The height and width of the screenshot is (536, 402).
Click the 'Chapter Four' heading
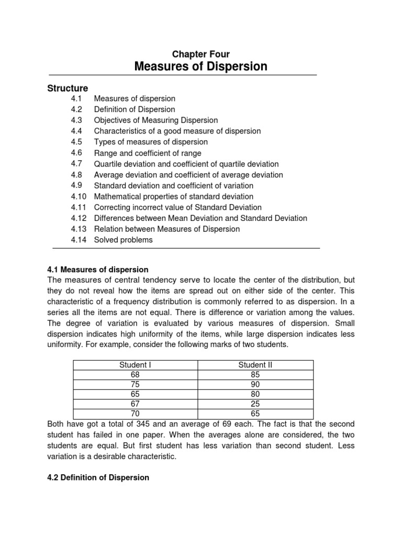201,54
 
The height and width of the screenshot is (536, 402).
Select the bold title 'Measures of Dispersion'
201,66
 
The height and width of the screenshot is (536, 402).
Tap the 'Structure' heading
68,88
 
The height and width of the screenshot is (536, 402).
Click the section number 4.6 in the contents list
76,153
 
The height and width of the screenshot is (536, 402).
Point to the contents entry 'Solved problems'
123,240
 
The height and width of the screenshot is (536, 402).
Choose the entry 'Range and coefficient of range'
147,153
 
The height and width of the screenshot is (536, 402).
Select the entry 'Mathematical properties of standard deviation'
173,196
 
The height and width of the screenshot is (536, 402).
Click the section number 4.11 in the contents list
79,207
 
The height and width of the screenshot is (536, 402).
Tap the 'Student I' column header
135,365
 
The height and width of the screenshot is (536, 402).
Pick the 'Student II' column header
255,365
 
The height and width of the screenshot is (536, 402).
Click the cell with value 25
255,404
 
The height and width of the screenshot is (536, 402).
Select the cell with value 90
255,384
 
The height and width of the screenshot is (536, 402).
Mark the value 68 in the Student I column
135,375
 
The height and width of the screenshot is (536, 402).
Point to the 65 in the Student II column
255,414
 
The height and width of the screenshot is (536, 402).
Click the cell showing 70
135,414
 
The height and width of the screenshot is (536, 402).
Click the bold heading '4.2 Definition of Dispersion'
98,477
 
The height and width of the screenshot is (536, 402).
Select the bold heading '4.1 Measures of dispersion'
98,270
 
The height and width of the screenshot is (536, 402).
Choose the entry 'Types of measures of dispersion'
151,142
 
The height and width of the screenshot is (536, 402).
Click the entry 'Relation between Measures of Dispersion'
166,229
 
